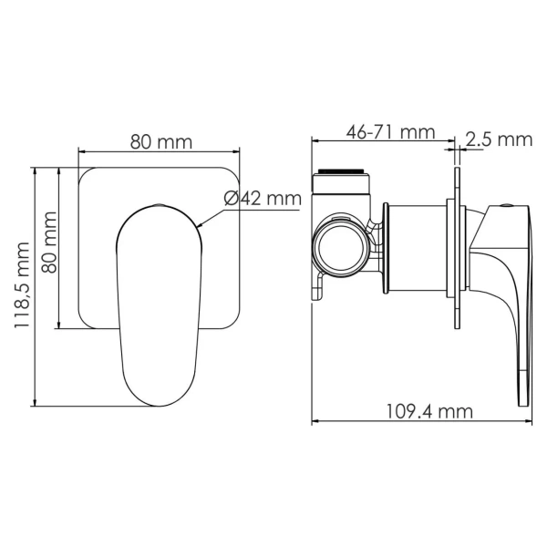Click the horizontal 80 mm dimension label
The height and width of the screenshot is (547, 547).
click(x=161, y=142)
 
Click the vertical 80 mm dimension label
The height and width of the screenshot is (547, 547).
click(x=49, y=243)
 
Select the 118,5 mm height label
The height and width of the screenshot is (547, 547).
click(x=22, y=285)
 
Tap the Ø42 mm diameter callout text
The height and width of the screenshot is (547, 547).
click(x=263, y=199)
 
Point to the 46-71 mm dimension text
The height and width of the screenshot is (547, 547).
click(x=391, y=132)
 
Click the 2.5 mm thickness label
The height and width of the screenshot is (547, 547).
click(x=499, y=139)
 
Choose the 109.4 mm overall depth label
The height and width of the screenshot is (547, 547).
click(x=429, y=412)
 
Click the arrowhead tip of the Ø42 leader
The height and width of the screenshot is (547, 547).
click(x=197, y=227)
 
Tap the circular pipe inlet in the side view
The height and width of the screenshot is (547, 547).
click(x=341, y=247)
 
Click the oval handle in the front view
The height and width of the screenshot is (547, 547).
click(x=159, y=305)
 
